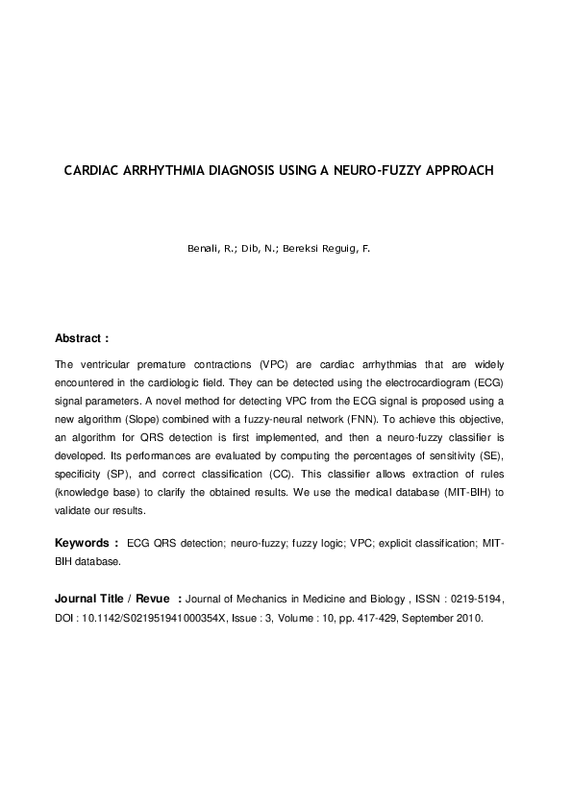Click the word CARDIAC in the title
(x=91, y=171)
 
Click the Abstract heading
(x=82, y=339)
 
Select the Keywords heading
(x=87, y=543)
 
